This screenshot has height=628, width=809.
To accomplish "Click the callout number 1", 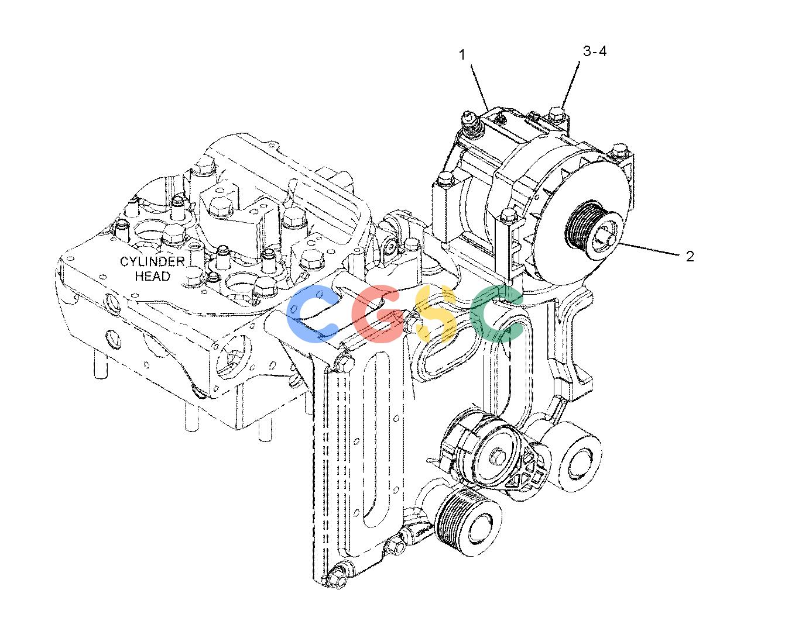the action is coord(462,55).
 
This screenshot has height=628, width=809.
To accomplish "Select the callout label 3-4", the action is coord(595,51).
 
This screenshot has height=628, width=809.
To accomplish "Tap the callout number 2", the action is coord(690,256).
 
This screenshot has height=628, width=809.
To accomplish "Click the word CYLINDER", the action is coord(152,261).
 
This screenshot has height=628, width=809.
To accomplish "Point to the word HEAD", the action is coord(153,276).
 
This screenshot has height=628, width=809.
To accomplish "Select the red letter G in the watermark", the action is coord(379,313).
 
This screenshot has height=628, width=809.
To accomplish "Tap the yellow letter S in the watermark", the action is coord(436,313).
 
